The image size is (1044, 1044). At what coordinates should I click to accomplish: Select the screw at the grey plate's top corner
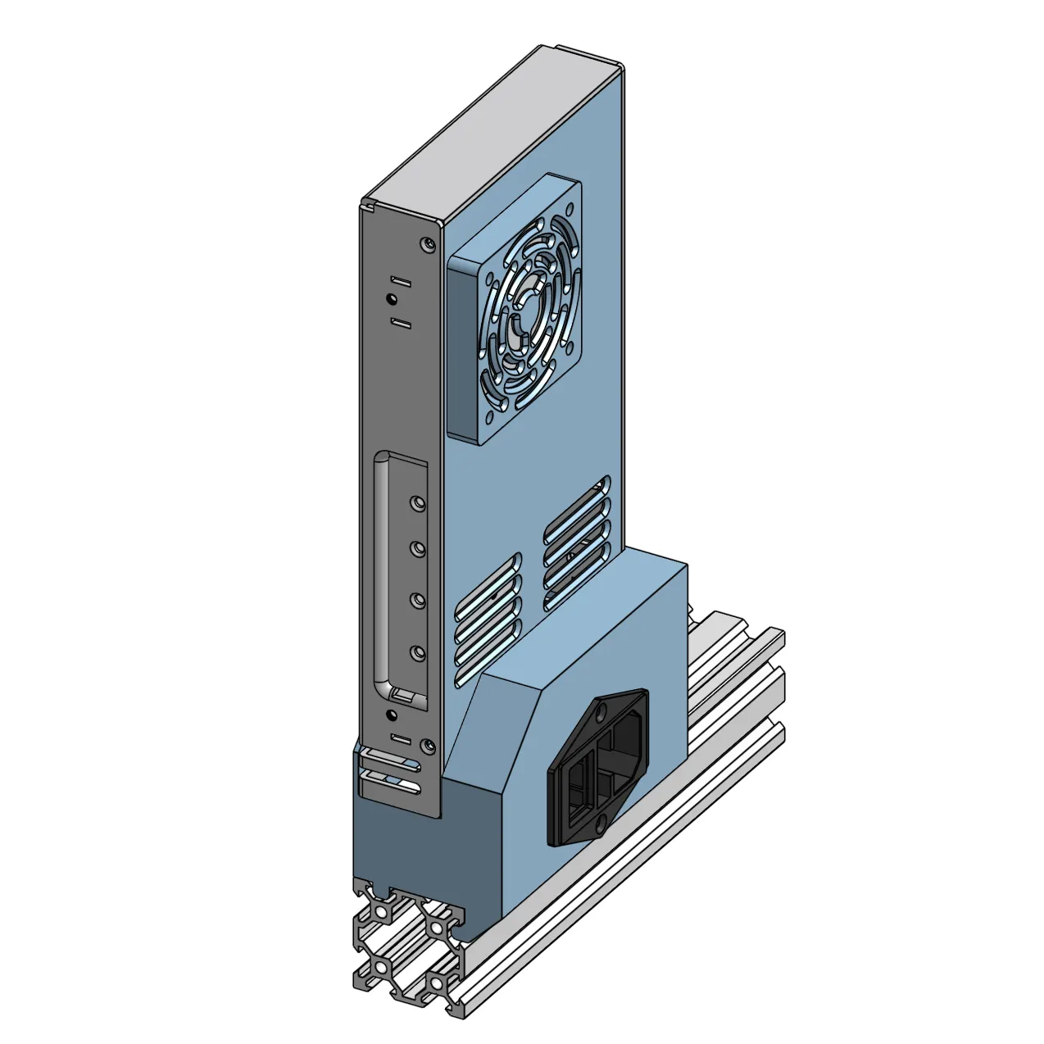[424, 243]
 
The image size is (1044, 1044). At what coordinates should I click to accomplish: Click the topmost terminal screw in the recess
[418, 501]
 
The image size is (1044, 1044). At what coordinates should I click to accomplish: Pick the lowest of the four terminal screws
[418, 653]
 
